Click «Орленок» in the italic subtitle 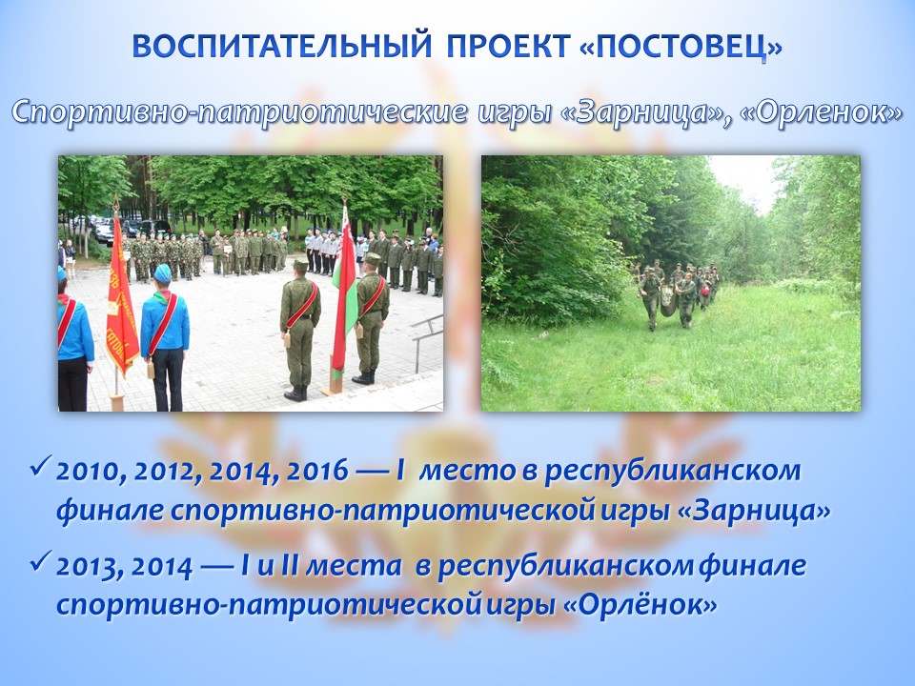click(822, 111)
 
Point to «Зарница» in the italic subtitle click(641, 111)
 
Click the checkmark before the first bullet click(41, 467)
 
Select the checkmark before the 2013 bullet click(41, 562)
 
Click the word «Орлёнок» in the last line click(640, 605)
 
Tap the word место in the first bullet click(467, 471)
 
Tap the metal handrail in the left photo click(427, 339)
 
